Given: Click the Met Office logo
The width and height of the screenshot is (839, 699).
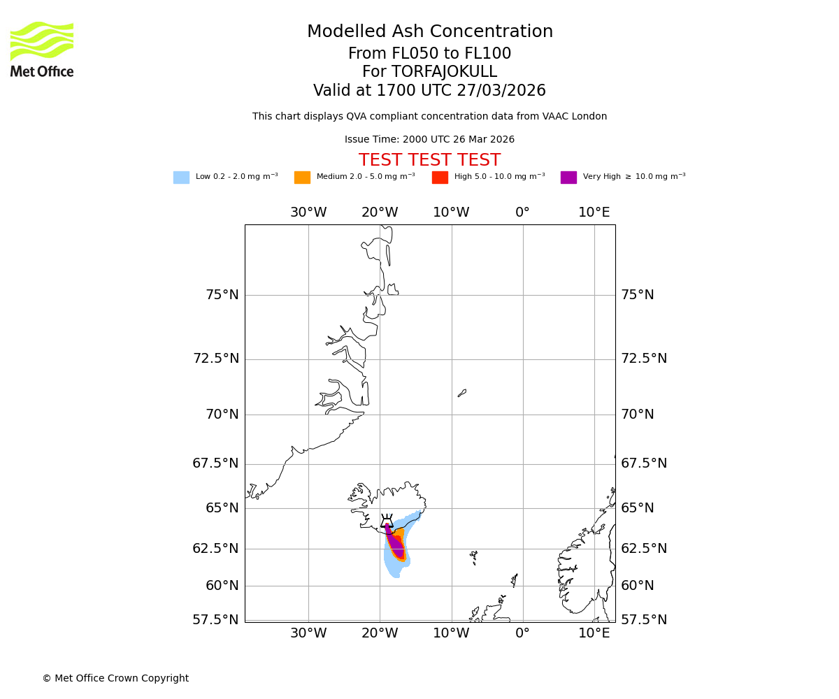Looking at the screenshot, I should point(42,49).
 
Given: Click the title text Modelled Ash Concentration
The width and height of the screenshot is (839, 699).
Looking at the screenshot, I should point(429,32).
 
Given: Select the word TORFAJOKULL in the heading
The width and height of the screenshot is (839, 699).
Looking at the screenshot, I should point(444,72).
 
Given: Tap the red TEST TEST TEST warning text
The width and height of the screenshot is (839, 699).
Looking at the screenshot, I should point(429,161).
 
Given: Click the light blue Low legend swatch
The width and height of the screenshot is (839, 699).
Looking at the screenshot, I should point(181,178).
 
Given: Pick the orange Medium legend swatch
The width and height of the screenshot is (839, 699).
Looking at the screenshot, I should point(302,178).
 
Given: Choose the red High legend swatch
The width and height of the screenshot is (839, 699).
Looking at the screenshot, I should point(440,178).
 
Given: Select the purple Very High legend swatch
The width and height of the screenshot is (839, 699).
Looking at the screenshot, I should point(568,178).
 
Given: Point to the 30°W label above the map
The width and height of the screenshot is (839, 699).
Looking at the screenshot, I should point(308,212).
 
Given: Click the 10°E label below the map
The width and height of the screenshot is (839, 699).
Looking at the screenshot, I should point(594,633).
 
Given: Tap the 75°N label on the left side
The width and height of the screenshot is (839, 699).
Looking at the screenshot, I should point(222,295).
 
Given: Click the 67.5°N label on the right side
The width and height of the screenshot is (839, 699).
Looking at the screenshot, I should point(643,463).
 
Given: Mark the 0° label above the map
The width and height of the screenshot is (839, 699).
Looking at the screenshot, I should point(522,212).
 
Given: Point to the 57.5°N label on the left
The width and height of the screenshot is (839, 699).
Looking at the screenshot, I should point(215,620).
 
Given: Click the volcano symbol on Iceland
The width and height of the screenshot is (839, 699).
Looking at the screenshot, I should point(387,521).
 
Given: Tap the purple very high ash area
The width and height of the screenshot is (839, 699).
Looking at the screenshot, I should point(396,545).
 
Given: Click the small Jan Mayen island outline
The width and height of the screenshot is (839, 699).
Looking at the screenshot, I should point(462,393).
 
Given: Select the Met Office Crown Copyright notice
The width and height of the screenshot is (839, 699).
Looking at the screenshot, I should point(115,678).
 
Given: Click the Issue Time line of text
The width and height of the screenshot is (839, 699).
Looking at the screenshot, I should point(429,140).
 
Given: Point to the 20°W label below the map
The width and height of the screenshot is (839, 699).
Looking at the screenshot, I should point(380,633).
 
